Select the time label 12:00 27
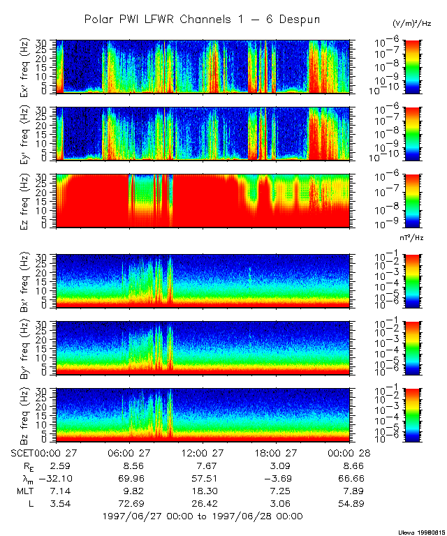pos(202,452)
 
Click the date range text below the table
pos(203,516)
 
